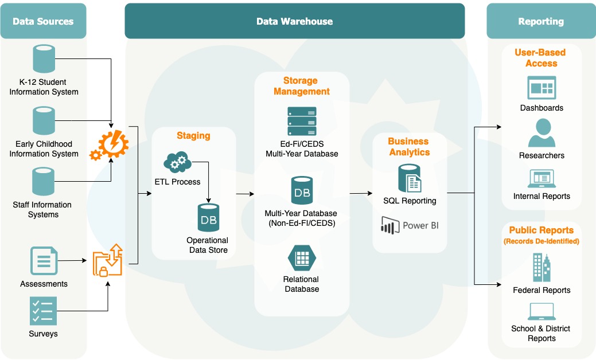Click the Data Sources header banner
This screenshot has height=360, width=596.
[44, 21]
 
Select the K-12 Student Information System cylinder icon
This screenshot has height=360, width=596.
[44, 60]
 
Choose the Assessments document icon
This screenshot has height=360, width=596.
[44, 261]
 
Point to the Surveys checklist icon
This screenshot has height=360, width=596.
[44, 311]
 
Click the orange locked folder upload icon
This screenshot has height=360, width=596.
[108, 260]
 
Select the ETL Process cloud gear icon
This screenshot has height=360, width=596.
[177, 162]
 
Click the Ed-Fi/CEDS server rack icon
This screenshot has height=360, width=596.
[302, 121]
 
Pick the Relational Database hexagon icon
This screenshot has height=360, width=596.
[302, 259]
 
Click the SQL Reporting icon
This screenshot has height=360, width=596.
[410, 178]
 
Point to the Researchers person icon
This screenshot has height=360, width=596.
[542, 134]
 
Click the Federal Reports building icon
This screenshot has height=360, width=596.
[542, 268]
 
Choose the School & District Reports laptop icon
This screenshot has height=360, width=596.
[542, 312]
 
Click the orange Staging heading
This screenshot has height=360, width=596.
[193, 136]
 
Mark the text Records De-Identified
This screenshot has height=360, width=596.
[542, 241]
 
